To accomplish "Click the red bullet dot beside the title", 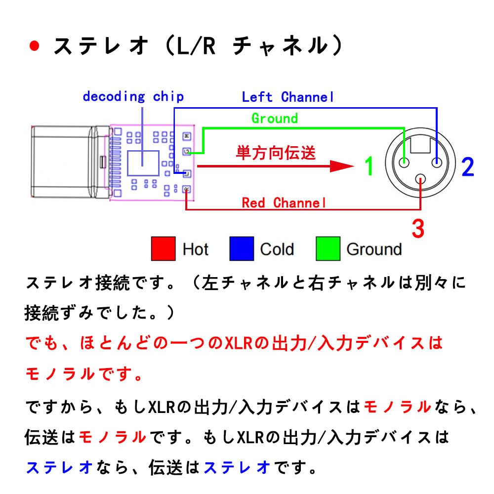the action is [x=35, y=46].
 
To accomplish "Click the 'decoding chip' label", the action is [x=133, y=97].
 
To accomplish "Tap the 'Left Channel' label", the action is [x=288, y=97].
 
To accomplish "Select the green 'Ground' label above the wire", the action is [x=275, y=119].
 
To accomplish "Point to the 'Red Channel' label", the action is [x=284, y=203].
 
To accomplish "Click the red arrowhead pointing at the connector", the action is [x=341, y=166].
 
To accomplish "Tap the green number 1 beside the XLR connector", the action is [x=369, y=166].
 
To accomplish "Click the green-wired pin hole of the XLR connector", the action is [x=404, y=163].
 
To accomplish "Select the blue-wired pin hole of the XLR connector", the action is [x=436, y=163].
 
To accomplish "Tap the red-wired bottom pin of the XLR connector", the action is [x=420, y=179].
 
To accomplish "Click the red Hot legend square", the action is [x=163, y=248].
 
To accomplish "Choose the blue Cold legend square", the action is [x=242, y=248].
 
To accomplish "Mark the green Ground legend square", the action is [x=328, y=248].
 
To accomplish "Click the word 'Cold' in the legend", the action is [x=277, y=249].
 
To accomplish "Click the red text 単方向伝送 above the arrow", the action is [x=276, y=153].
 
